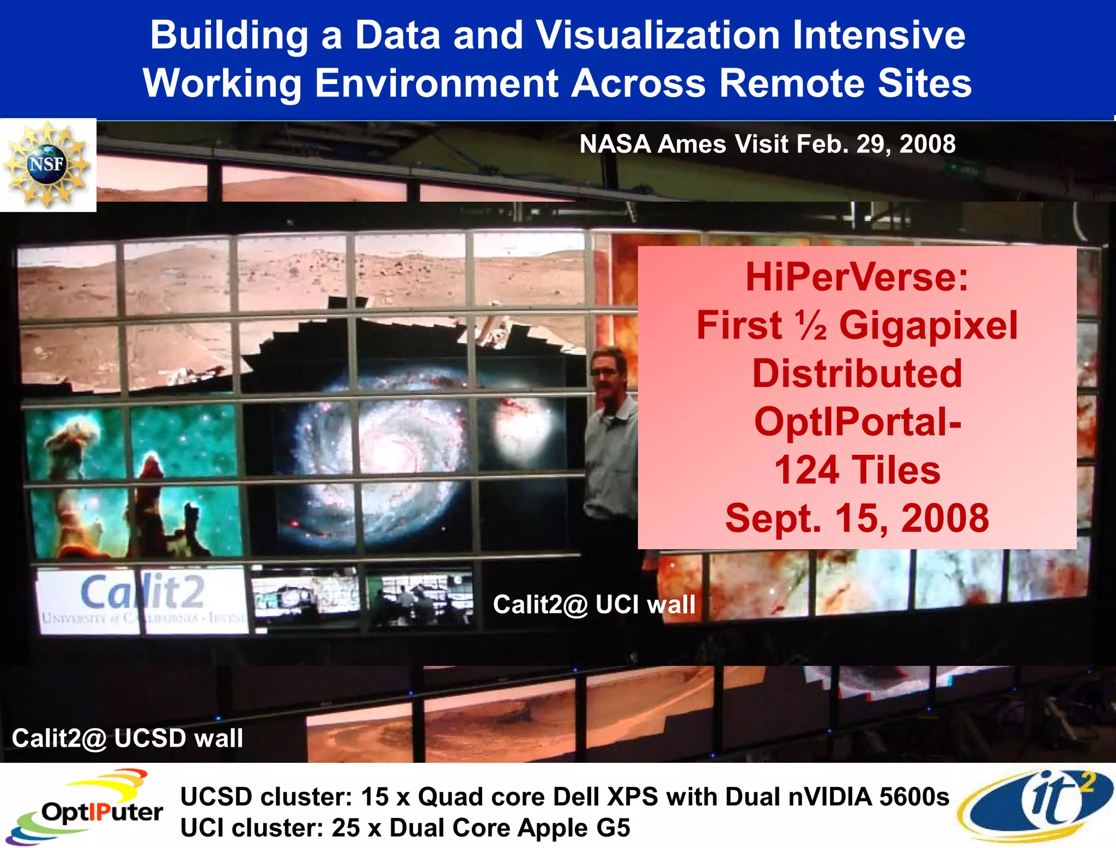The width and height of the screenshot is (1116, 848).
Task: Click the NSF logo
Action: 47,164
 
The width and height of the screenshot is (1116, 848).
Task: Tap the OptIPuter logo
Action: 87,806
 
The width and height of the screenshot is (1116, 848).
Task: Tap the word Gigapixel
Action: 928,326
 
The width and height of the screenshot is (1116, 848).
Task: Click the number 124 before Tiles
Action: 806,470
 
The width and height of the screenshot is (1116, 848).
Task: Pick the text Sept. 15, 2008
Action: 857,518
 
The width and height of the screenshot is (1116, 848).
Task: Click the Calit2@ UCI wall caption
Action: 594,604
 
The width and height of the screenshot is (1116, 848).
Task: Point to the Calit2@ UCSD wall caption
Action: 127,738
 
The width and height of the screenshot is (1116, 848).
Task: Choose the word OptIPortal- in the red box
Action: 857,422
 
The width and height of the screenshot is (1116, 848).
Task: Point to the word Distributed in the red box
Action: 857,374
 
